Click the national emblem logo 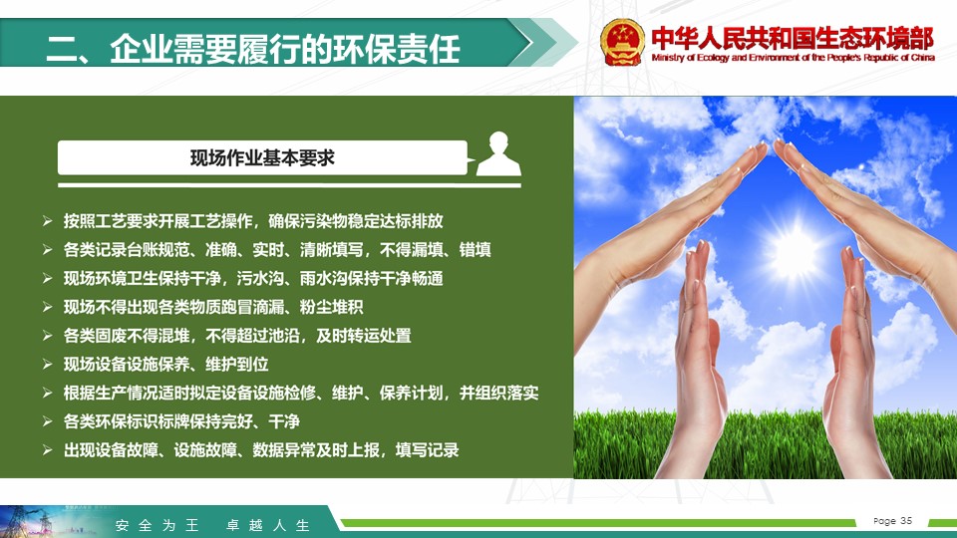point(622,42)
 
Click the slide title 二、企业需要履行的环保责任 point(252,48)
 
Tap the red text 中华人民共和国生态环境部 point(793,38)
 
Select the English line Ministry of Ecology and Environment point(793,58)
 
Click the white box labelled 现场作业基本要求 point(262,158)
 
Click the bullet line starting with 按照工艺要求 point(253,221)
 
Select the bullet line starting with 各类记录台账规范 point(277,249)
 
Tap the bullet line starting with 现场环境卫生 point(253,278)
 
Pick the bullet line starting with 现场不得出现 point(213,307)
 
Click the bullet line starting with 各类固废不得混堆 point(237,336)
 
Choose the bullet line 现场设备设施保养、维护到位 point(166,365)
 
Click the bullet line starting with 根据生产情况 point(301,393)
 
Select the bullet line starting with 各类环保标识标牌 point(181,421)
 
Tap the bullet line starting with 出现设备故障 point(261,450)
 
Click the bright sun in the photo point(794,252)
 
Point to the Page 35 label point(892,521)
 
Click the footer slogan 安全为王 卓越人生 point(212,525)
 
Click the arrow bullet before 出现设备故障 point(47,450)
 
